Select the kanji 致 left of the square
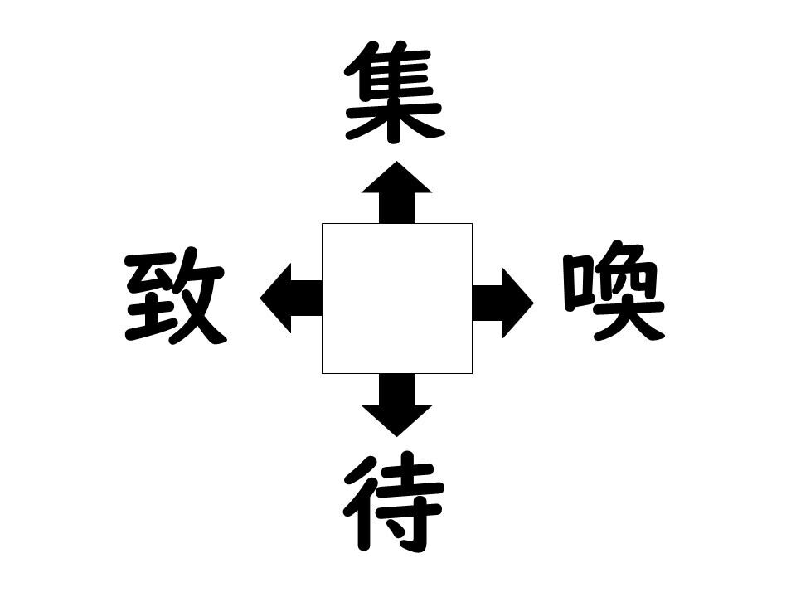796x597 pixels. (x=175, y=296)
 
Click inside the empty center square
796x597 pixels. (x=397, y=298)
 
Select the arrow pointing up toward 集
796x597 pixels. (x=397, y=192)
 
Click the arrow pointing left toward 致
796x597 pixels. (x=291, y=298)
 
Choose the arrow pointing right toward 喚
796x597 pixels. (x=503, y=303)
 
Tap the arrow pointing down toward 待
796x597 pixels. (x=397, y=405)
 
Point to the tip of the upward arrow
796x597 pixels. (x=397, y=161)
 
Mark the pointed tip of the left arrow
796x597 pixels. (x=260, y=298)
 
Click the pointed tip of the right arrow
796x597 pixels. (x=534, y=303)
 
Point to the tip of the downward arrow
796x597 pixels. (x=397, y=437)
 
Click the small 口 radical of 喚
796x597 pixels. (x=576, y=284)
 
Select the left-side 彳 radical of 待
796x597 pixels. (x=362, y=502)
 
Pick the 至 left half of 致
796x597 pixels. (x=150, y=296)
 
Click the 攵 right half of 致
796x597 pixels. (x=201, y=296)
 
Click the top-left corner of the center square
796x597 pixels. (x=322, y=223)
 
